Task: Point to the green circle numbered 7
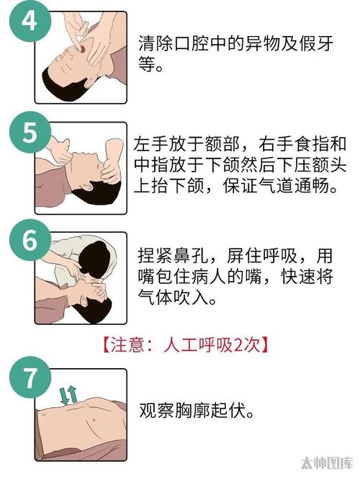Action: coord(30,378)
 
